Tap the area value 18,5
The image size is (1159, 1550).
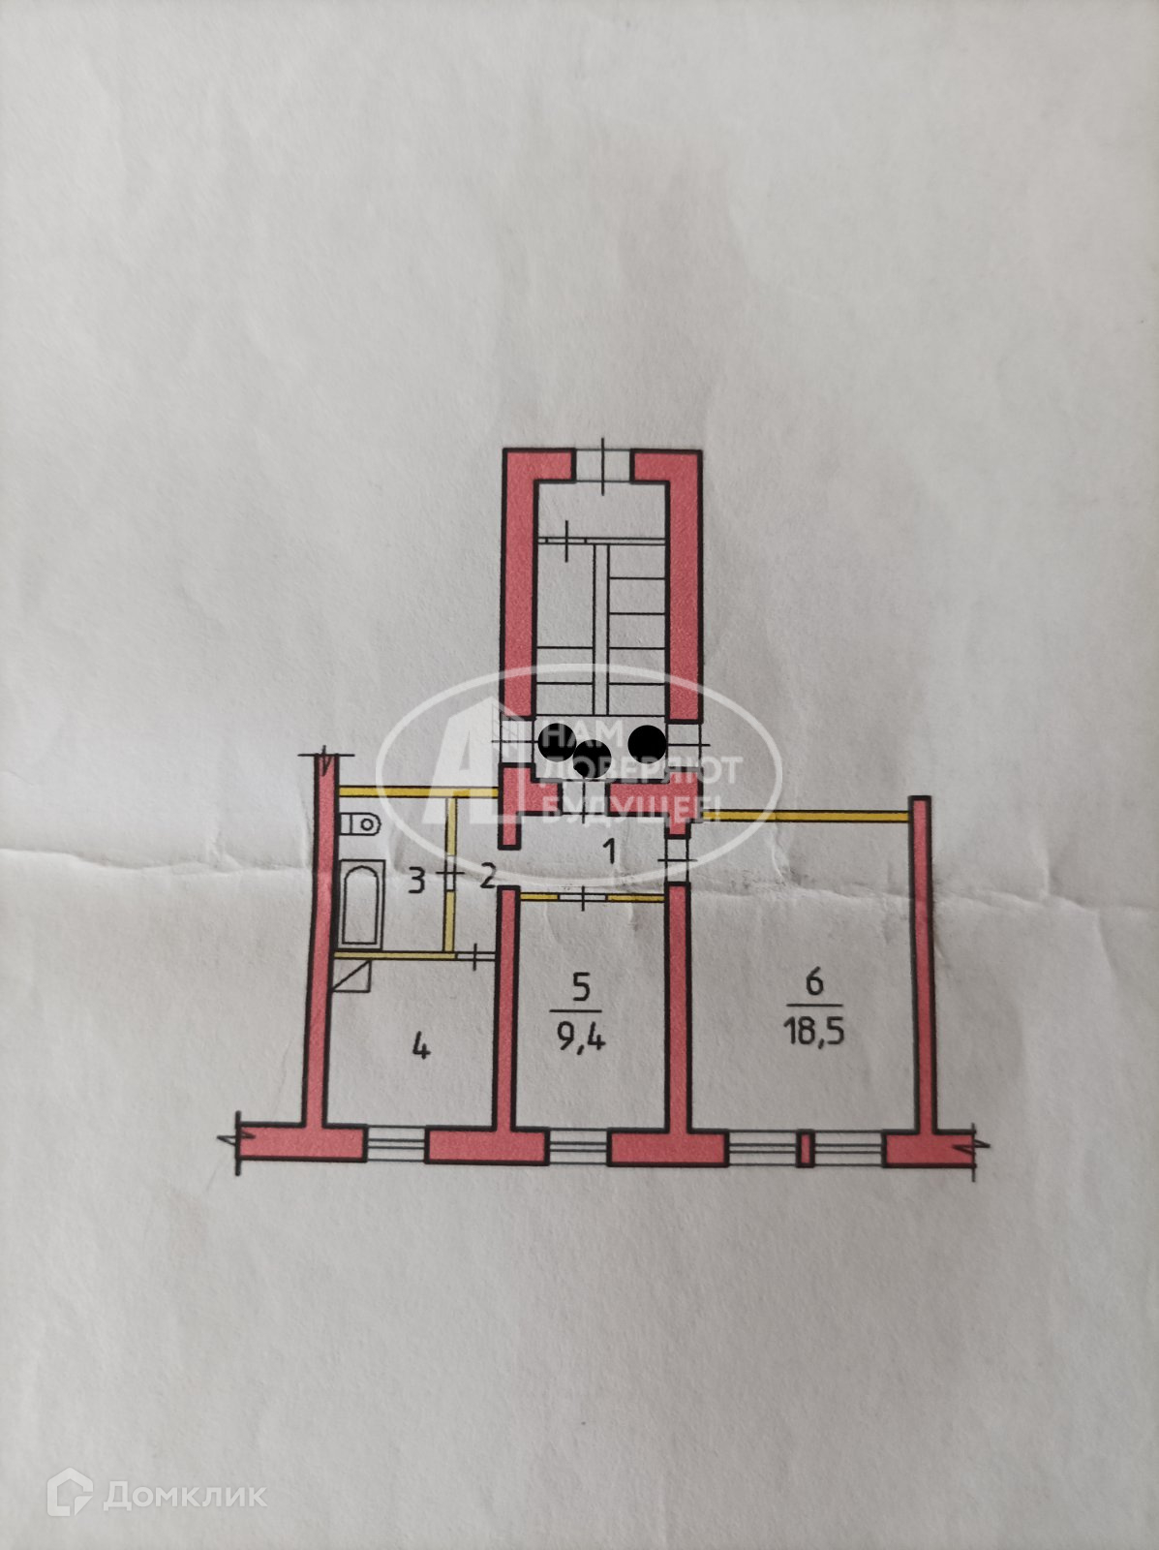pyautogui.click(x=813, y=1031)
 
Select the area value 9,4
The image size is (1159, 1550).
pyautogui.click(x=581, y=1040)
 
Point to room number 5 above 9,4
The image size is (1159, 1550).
pyautogui.click(x=581, y=988)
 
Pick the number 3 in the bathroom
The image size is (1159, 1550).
pyautogui.click(x=416, y=882)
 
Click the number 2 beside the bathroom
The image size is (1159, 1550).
pyautogui.click(x=487, y=879)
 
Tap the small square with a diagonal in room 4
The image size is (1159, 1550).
pyautogui.click(x=351, y=976)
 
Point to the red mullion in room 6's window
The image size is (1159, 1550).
pyautogui.click(x=803, y=1150)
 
